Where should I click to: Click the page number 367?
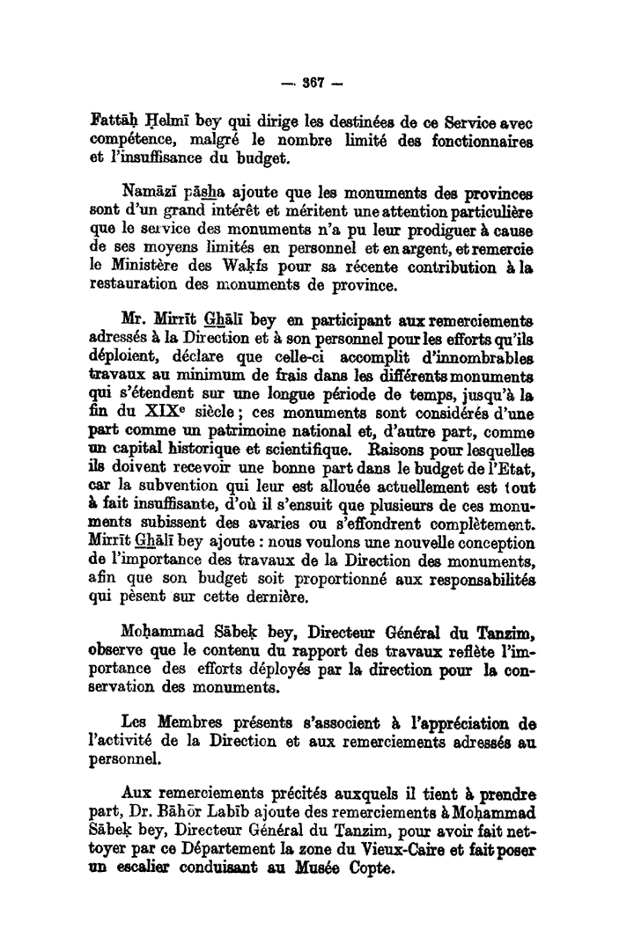click(x=315, y=84)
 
